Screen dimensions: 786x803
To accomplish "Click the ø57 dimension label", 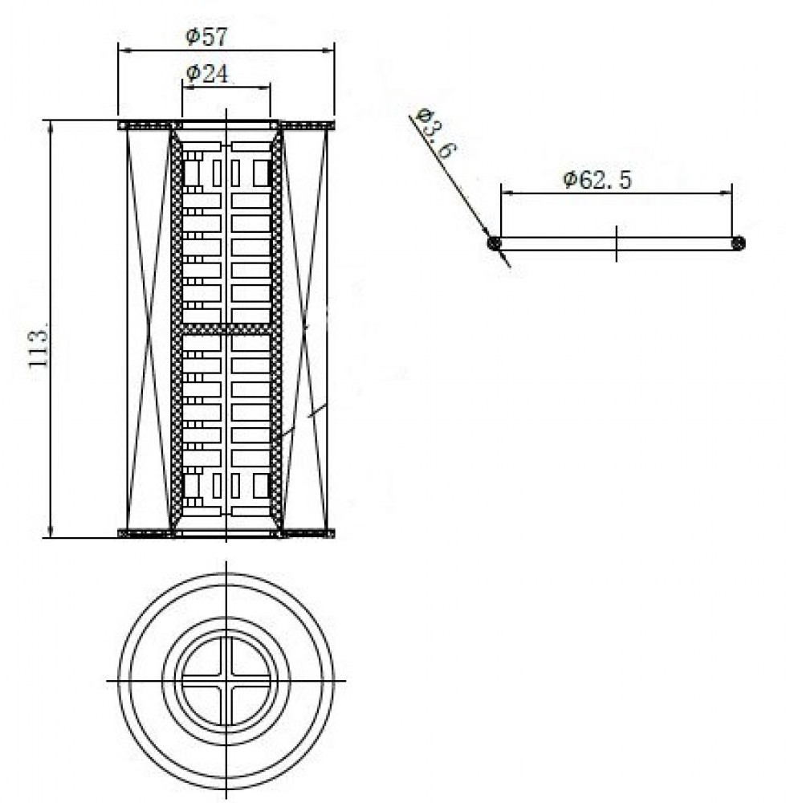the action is point(206,37).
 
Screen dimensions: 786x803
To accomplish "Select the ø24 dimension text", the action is point(207,74).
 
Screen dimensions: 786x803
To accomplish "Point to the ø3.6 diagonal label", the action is point(436,133).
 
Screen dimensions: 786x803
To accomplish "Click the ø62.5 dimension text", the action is point(597,179).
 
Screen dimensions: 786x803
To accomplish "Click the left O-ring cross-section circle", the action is point(494,243).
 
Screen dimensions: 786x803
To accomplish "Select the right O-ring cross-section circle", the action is point(738,243).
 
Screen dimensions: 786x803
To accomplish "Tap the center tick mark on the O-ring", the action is point(616,243).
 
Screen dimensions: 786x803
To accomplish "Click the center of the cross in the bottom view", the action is point(226,681).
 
